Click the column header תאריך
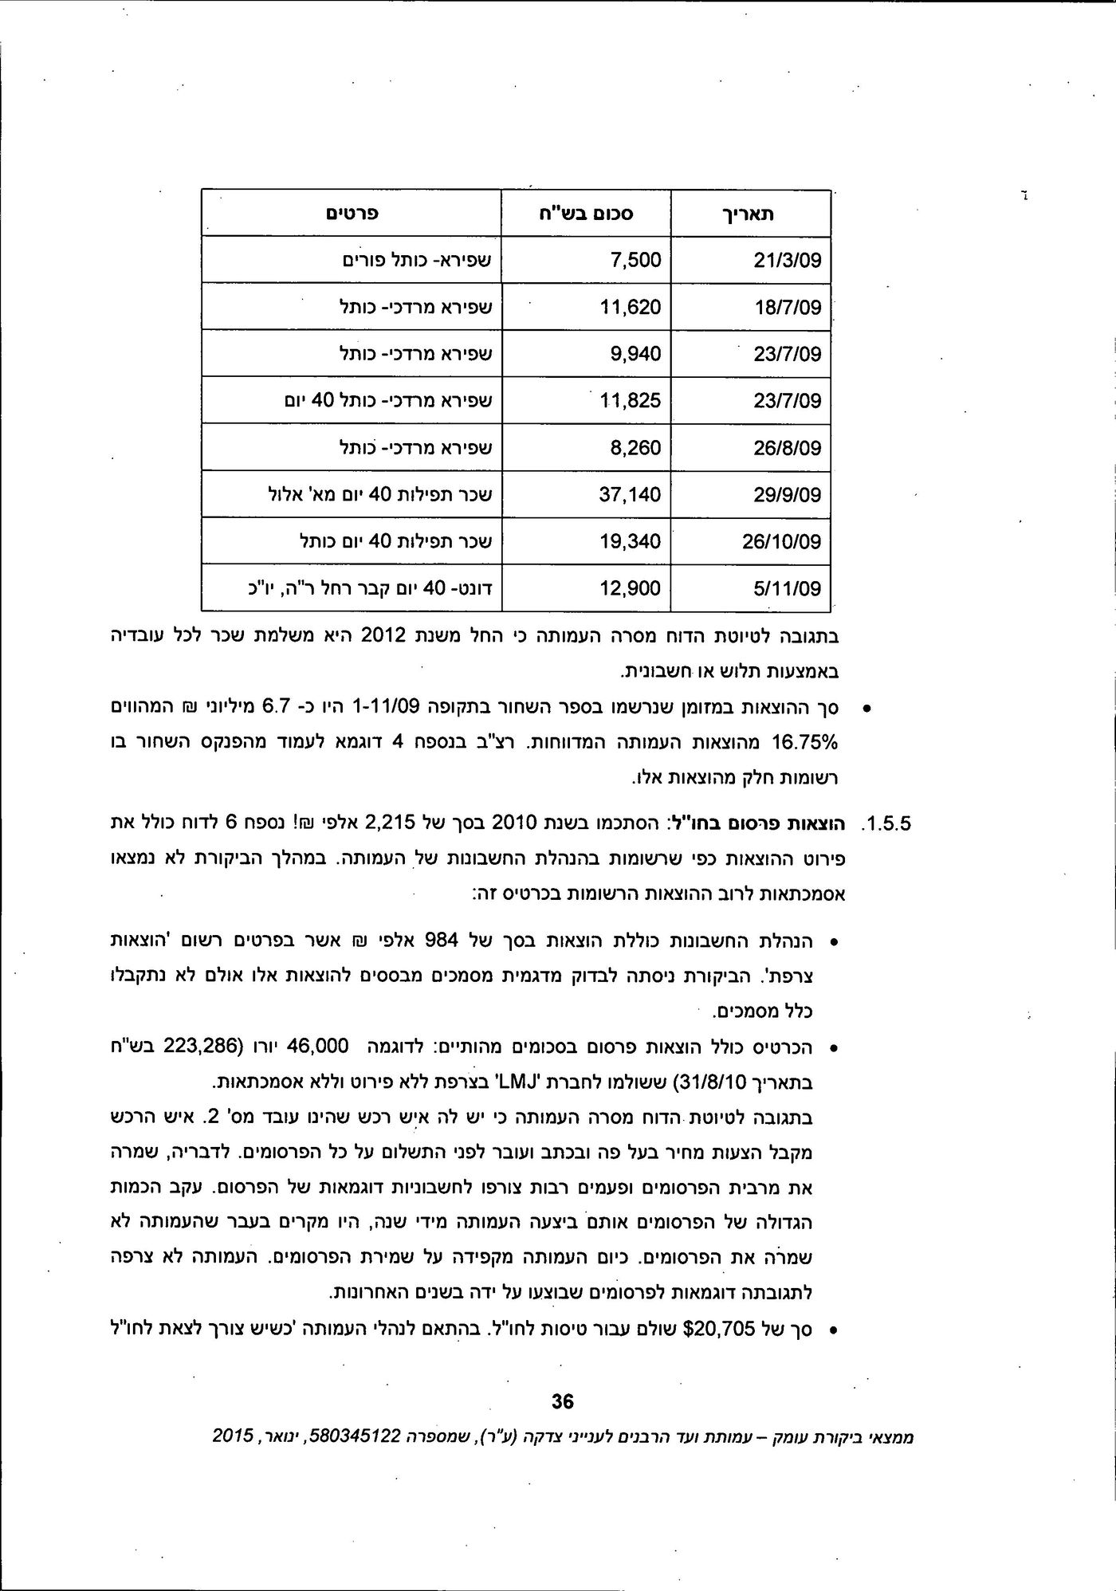[x=751, y=214]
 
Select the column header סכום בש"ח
[x=586, y=214]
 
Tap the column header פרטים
[x=351, y=214]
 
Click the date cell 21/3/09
[x=787, y=261]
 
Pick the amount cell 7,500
[x=635, y=261]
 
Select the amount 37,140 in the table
[x=630, y=495]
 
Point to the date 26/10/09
[x=781, y=542]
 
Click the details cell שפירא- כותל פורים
[x=416, y=261]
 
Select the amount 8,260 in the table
[x=635, y=448]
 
